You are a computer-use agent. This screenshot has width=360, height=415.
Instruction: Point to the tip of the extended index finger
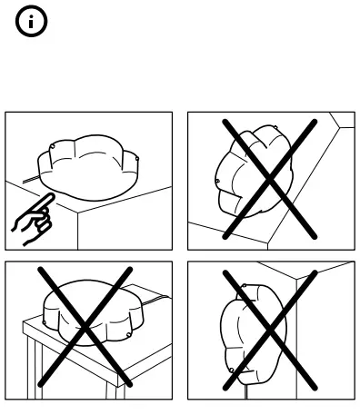coord(51,197)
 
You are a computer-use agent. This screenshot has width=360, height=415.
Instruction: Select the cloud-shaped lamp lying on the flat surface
coord(91,167)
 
